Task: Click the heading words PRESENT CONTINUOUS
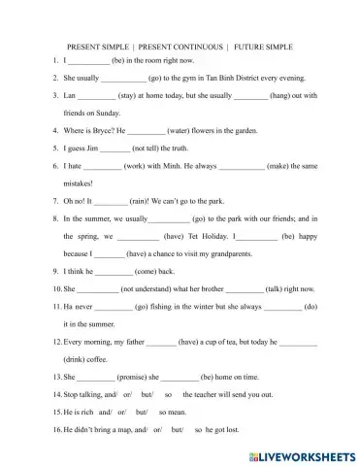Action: coord(174,47)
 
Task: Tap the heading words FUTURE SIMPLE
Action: coord(262,47)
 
